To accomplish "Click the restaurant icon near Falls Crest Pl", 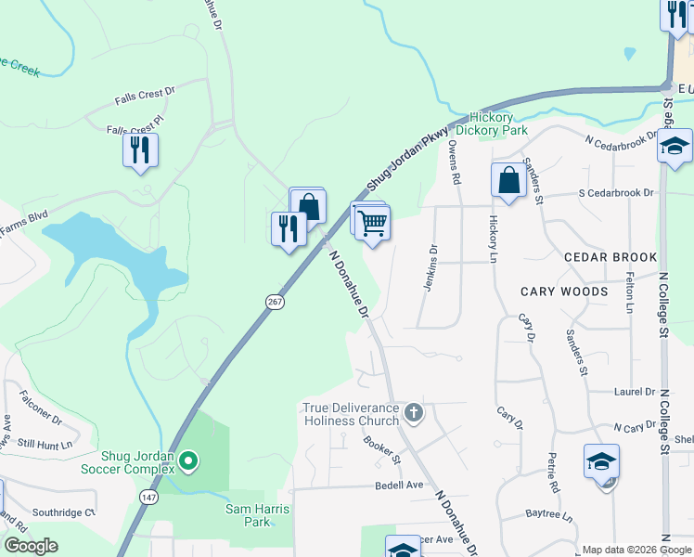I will click(140, 149).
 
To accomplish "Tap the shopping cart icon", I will click(372, 223).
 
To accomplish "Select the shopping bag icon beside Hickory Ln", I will click(508, 180).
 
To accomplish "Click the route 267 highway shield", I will click(275, 302).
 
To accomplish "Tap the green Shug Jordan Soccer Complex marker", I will click(188, 460).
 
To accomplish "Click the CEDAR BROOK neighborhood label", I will click(610, 257).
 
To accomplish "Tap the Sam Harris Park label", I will click(258, 515).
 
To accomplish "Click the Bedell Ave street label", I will click(399, 486).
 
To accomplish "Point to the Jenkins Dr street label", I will click(431, 267).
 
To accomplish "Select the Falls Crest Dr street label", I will click(145, 95).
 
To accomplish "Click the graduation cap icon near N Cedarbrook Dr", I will click(675, 146).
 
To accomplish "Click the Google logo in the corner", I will click(31, 546).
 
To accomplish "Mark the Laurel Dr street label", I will click(635, 393).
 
